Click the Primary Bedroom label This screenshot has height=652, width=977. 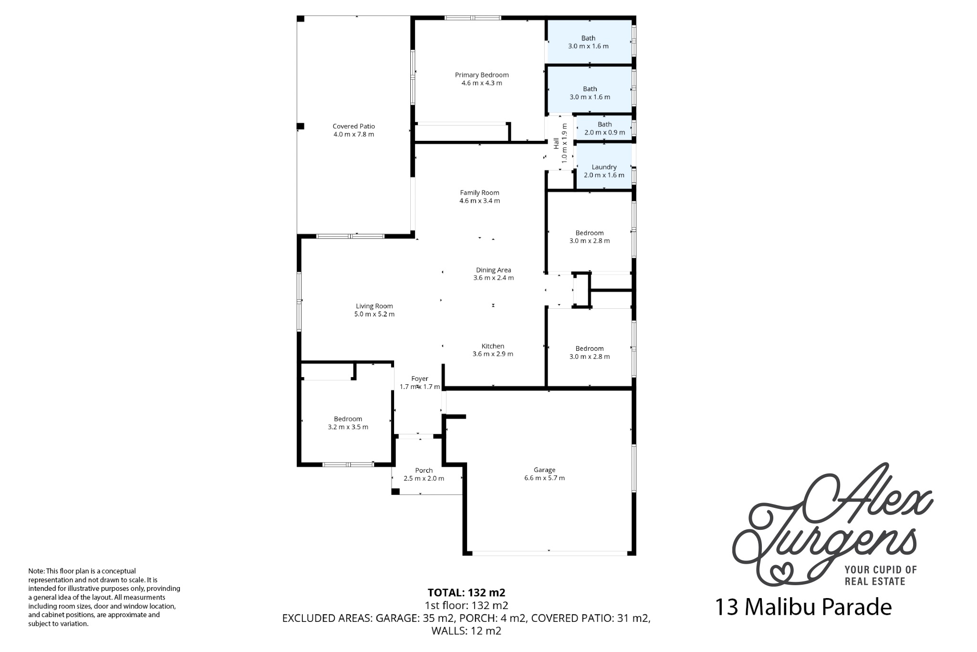[481, 75]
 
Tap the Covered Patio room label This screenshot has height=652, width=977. [353, 126]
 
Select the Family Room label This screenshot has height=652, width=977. [479, 193]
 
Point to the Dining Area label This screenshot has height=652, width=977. [493, 270]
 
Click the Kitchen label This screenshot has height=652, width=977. [493, 346]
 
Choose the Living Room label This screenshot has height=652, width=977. [374, 306]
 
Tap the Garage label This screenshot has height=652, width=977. [544, 470]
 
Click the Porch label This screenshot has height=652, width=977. [424, 471]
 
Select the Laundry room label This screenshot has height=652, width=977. [604, 167]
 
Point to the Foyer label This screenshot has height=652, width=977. [420, 379]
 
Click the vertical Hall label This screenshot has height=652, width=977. [556, 143]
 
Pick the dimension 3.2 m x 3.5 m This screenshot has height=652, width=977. [348, 427]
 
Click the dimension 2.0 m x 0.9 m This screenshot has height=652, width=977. [604, 133]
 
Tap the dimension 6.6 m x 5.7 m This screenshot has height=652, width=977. [544, 478]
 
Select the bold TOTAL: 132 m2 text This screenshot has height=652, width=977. [467, 593]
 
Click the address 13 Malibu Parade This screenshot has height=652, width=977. [803, 607]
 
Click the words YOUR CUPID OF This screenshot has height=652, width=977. [881, 569]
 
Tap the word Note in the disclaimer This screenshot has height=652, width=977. [36, 571]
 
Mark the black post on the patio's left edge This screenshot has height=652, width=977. [300, 126]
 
